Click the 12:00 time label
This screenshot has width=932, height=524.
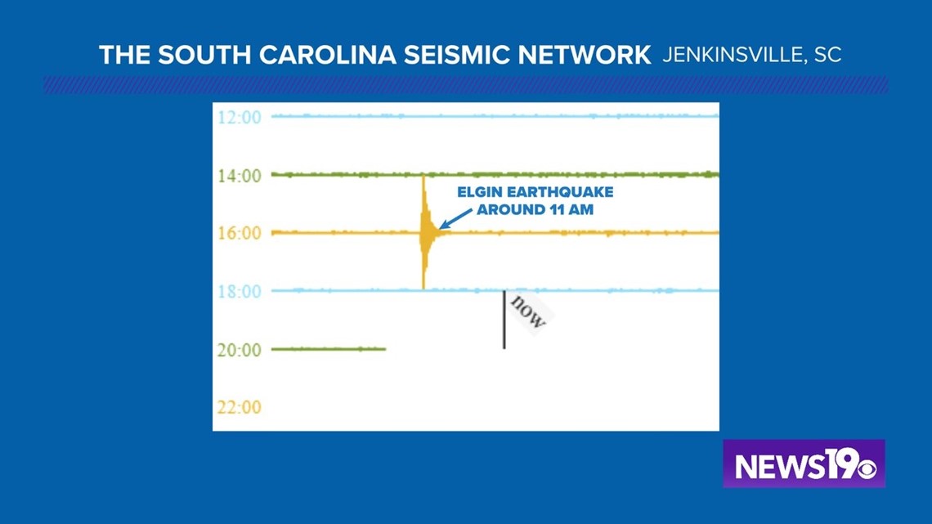click(x=239, y=117)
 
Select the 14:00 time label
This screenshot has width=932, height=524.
click(x=239, y=176)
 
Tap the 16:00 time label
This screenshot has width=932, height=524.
click(x=239, y=233)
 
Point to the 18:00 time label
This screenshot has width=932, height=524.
click(x=239, y=292)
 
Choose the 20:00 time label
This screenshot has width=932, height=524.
click(x=239, y=350)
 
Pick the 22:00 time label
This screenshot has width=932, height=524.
click(x=239, y=408)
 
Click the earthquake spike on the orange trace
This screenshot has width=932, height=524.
click(x=424, y=232)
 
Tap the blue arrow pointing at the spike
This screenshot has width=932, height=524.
click(x=456, y=218)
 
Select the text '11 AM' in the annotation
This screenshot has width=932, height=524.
click(x=571, y=210)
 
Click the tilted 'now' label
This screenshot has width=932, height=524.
click(x=528, y=312)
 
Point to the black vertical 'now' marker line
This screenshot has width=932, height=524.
click(x=504, y=320)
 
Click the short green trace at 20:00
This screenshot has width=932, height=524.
click(x=329, y=349)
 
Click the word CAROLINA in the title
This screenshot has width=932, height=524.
click(x=328, y=56)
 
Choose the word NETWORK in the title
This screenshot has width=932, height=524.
click(x=585, y=56)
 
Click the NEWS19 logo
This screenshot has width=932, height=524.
click(x=804, y=464)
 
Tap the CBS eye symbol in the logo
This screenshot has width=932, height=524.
click(x=866, y=468)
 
